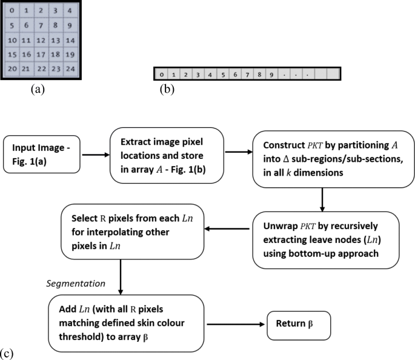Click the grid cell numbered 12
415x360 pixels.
click(x=40, y=41)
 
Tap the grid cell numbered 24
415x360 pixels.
click(x=69, y=69)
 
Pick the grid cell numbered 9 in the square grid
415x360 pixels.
click(x=69, y=26)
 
